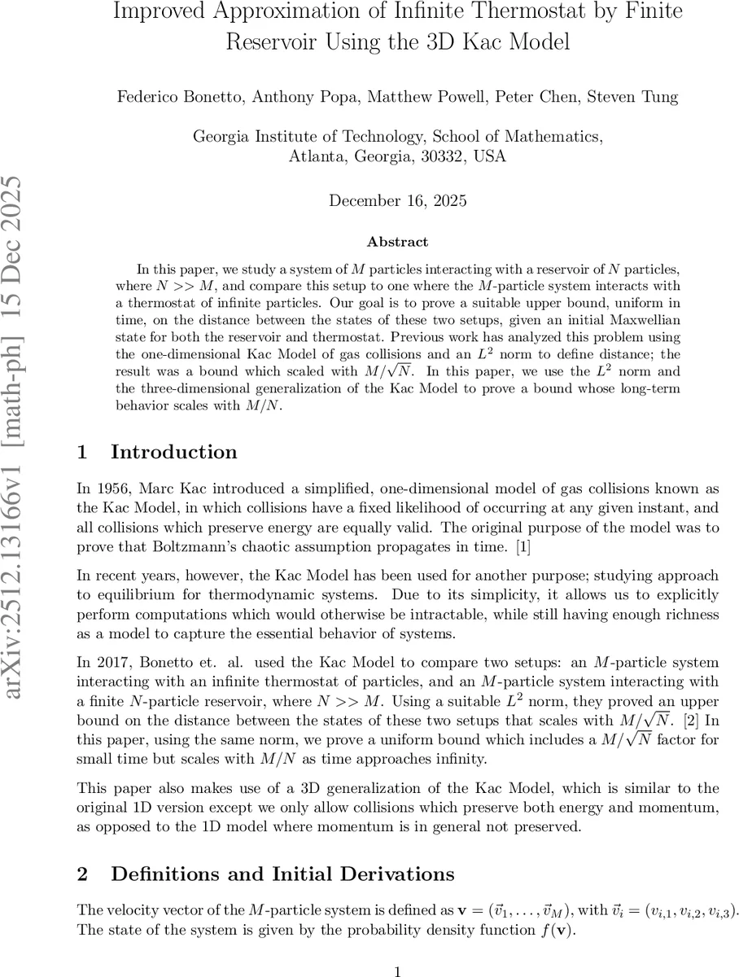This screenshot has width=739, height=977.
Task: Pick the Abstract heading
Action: [x=397, y=241]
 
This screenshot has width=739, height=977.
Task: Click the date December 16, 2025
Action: [x=397, y=200]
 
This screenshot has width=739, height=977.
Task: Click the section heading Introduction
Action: [x=173, y=452]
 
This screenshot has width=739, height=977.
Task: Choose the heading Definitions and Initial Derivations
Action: [x=282, y=874]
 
